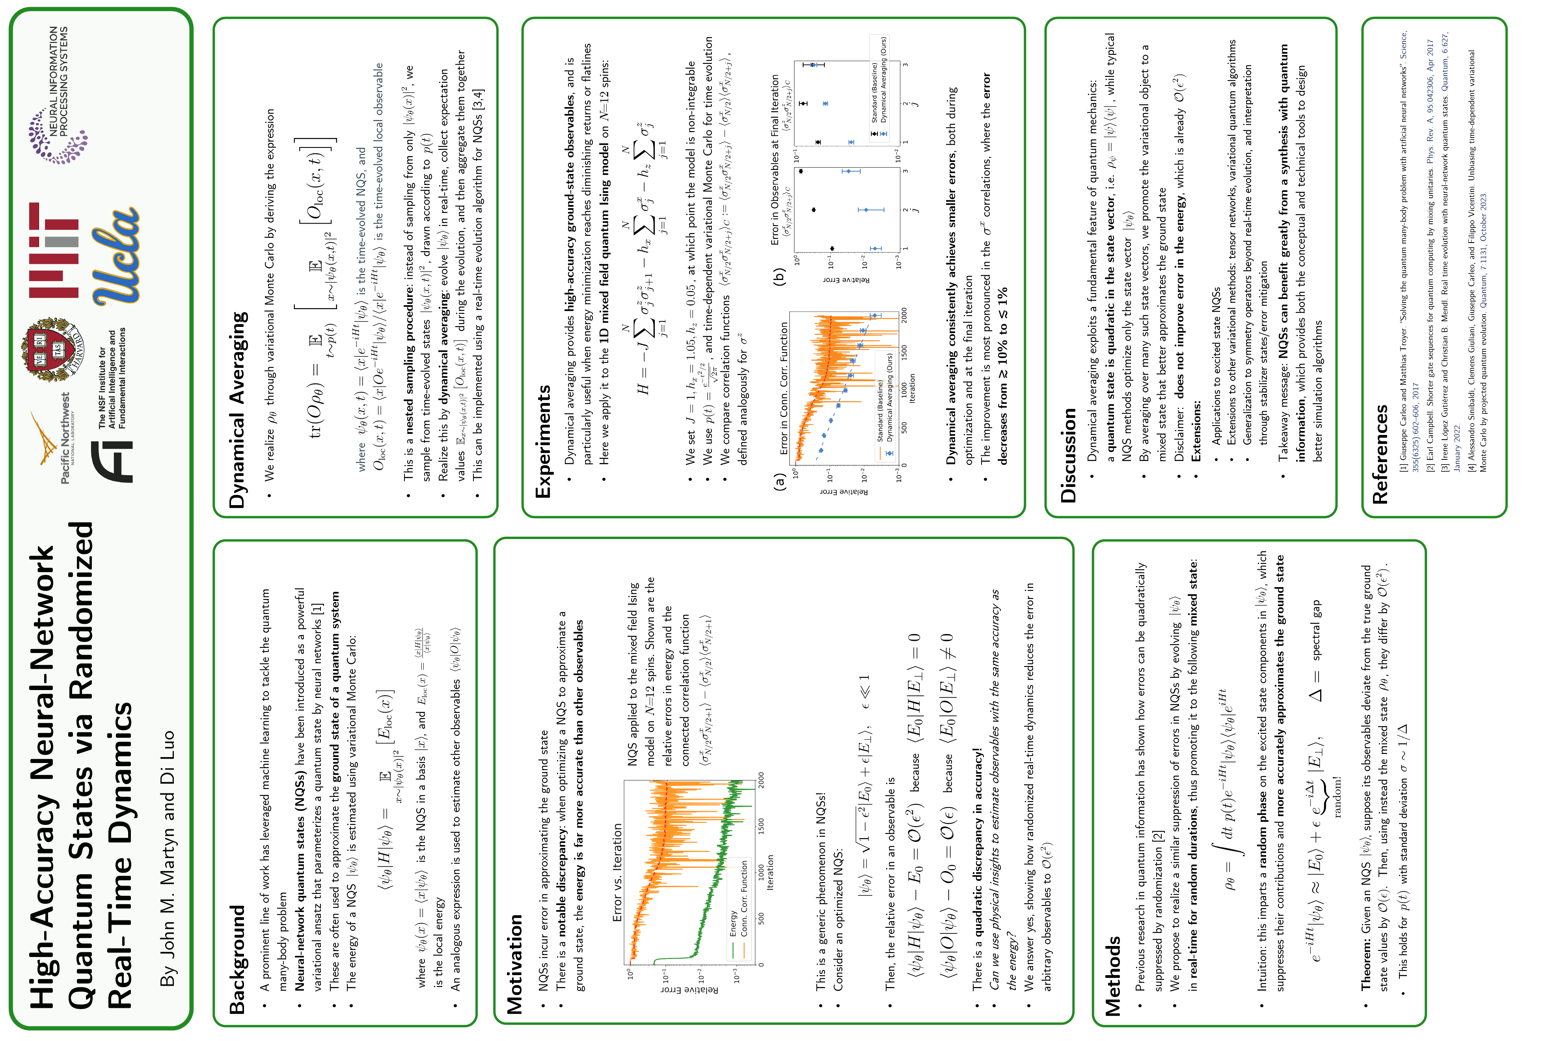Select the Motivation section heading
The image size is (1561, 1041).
click(x=515, y=965)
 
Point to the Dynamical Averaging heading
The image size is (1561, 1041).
click(x=238, y=410)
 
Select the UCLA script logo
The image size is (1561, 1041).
click(x=117, y=256)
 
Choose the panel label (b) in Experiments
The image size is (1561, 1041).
click(x=780, y=276)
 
